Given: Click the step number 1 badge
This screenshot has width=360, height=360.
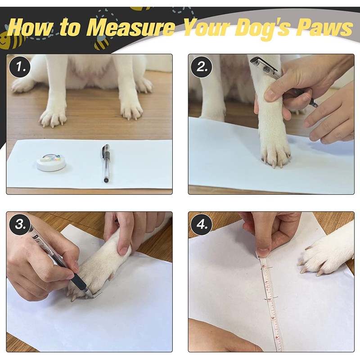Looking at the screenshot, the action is coord(19,67).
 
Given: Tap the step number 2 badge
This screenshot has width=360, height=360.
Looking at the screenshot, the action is coord(201,67).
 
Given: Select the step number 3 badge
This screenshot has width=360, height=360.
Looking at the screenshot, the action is coord(20,224).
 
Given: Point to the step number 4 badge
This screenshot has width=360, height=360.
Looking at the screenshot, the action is coord(201,224).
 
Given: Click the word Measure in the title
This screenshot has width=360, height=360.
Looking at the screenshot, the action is coord(130,28).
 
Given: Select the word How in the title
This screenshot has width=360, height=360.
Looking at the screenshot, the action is coord(30,27).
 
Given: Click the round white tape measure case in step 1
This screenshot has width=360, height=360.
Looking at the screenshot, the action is coord(51,162).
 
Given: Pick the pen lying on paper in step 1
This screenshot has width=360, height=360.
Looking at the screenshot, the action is coord(106,163).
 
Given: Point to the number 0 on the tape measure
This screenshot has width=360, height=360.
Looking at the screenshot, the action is coord(263,266).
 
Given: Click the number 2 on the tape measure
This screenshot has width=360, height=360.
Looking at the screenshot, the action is coord(269,299).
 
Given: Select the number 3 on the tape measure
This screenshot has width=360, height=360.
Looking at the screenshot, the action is coord(273,318).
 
